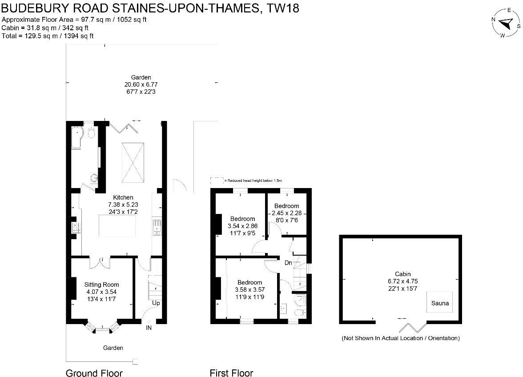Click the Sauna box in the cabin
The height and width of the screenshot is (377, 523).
click(x=440, y=303)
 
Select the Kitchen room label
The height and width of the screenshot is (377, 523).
click(x=123, y=197)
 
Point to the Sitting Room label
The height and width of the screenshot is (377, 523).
click(x=102, y=285)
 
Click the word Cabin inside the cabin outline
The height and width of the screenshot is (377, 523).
click(x=402, y=274)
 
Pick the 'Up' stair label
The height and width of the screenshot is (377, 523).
click(x=156, y=303)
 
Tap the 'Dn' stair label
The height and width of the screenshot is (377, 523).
click(x=288, y=263)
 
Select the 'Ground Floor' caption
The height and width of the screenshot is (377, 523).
click(x=94, y=373)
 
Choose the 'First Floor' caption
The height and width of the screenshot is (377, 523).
click(x=231, y=373)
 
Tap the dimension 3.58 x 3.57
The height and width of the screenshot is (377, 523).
click(x=249, y=289)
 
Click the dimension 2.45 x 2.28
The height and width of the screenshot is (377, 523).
click(x=286, y=213)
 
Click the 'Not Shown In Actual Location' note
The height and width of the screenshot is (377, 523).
click(x=400, y=338)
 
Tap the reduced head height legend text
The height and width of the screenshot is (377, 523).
click(x=253, y=180)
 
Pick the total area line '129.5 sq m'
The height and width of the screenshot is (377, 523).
click(x=48, y=36)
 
